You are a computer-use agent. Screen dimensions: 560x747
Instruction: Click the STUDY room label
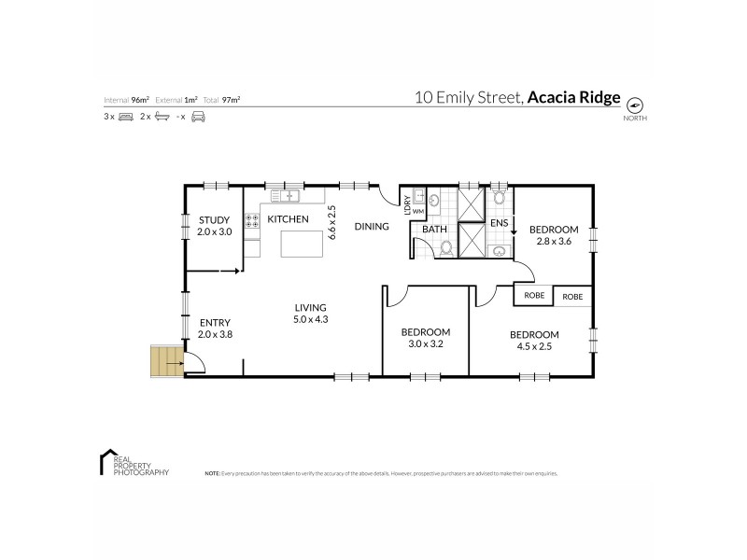[x=214, y=220]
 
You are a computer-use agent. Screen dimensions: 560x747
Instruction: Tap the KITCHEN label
[x=288, y=219]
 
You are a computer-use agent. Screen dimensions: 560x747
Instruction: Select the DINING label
[x=372, y=226]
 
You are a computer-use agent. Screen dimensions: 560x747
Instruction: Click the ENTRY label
[x=214, y=323]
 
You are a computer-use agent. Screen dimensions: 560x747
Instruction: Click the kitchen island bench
[x=302, y=245]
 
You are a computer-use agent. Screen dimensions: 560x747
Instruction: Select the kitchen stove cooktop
[x=252, y=222]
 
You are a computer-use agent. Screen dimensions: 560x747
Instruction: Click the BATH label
[x=435, y=229]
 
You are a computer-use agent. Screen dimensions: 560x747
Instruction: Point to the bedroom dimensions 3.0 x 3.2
[x=426, y=343]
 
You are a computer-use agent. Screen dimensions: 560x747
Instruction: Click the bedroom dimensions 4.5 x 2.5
[x=533, y=346]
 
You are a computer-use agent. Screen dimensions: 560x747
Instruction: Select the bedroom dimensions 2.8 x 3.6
[x=554, y=241]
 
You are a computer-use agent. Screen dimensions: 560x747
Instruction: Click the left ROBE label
[x=534, y=295]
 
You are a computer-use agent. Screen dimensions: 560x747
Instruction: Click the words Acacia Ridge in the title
[x=573, y=96]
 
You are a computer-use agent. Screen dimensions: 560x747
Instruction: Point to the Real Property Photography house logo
[x=106, y=461]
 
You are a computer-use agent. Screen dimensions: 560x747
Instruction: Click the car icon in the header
[x=198, y=118]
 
